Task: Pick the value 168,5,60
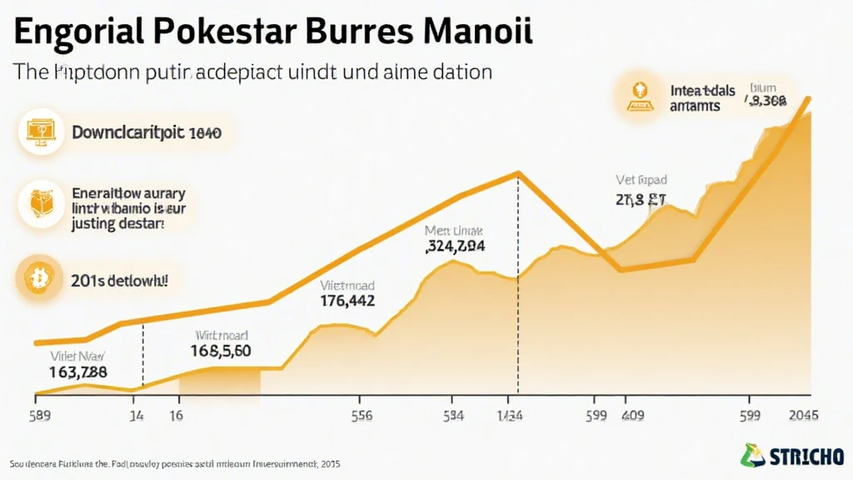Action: pyautogui.click(x=221, y=351)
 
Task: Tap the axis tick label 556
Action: pyautogui.click(x=361, y=414)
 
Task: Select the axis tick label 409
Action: pyautogui.click(x=635, y=414)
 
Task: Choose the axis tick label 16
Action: pyautogui.click(x=176, y=414)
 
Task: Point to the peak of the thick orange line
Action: pyautogui.click(x=518, y=173)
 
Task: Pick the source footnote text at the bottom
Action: pyautogui.click(x=174, y=462)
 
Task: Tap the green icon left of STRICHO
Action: pyautogui.click(x=752, y=455)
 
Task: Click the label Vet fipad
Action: pyautogui.click(x=641, y=179)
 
